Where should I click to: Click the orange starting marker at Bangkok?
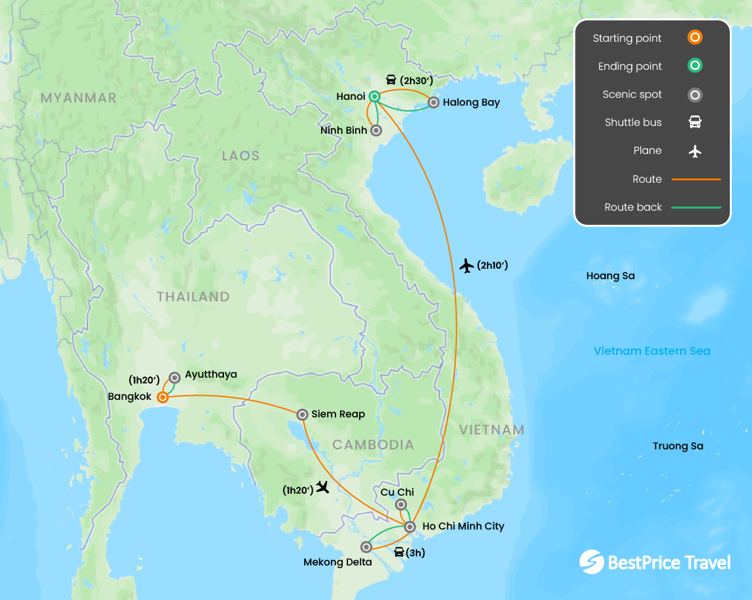163,397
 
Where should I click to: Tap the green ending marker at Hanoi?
374,97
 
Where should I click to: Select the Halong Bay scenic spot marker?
433,102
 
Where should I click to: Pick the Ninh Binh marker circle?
376,130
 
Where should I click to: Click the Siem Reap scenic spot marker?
302,414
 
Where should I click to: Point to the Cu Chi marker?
401,504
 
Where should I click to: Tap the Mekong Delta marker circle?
366,547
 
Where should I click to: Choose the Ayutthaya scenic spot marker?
175,377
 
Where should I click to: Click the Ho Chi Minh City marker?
410,526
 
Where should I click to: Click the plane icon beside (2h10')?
466,265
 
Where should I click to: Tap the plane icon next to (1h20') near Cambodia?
322,487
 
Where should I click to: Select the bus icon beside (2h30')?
391,80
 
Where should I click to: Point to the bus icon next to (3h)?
399,552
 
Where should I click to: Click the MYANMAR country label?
78,98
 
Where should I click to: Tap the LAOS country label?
240,156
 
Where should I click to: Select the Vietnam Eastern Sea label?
651,351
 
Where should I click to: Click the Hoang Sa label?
610,276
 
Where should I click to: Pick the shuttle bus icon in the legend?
695,122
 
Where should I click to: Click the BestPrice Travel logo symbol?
591,562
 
